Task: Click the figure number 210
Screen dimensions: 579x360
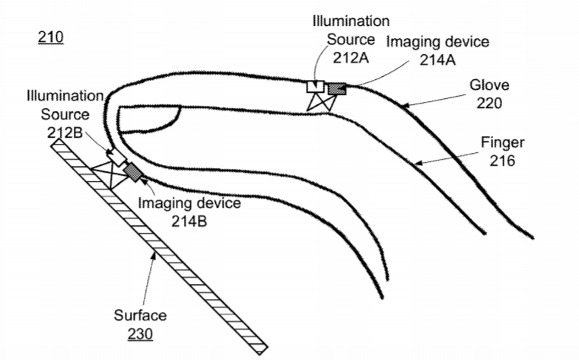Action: tap(50, 37)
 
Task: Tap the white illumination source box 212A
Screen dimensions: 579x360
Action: tap(315, 87)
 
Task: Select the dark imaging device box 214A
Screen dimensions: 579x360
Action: tap(337, 89)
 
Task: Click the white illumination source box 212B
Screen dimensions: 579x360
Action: tap(116, 157)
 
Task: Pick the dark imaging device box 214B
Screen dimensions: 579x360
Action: tap(133, 173)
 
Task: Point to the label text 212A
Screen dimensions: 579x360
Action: tap(351, 58)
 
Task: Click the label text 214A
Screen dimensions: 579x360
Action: tap(437, 59)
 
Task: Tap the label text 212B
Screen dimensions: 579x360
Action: tap(65, 132)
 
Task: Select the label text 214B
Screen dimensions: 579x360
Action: tap(189, 221)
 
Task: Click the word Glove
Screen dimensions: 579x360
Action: tap(489, 85)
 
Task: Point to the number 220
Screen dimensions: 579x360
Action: tap(489, 103)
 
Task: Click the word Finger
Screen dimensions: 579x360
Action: tap(503, 143)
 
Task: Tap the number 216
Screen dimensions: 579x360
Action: tap(502, 161)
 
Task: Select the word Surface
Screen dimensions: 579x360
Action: tap(140, 315)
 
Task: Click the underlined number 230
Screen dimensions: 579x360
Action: tap(140, 334)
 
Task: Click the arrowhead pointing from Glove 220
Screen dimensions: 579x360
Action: tap(405, 106)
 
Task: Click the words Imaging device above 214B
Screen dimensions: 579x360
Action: tap(189, 203)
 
